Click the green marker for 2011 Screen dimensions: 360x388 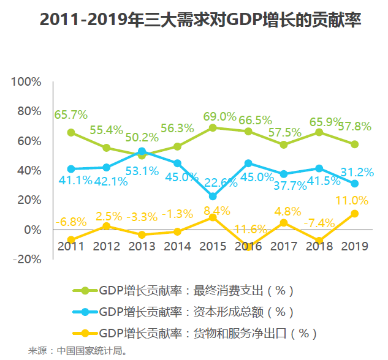click(x=71, y=132)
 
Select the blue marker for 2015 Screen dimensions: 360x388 click(x=213, y=197)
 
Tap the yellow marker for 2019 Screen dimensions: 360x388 click(x=354, y=214)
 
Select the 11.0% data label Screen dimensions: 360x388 click(x=351, y=200)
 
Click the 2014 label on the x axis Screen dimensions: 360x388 click(x=177, y=246)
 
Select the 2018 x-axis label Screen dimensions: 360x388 click(x=319, y=246)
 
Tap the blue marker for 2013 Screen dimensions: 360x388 click(x=142, y=151)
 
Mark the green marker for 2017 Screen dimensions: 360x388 click(x=283, y=144)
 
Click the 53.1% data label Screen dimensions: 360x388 click(x=142, y=171)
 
